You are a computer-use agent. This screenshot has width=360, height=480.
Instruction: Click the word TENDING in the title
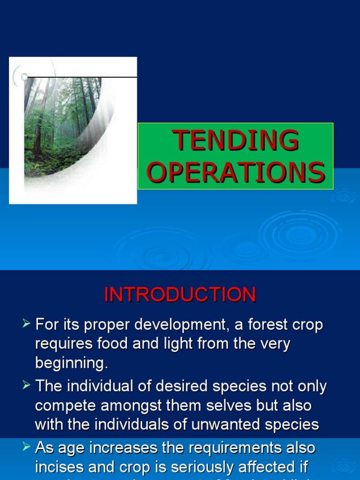[x=235, y=140]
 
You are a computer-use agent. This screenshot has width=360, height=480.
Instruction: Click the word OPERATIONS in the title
[x=235, y=172]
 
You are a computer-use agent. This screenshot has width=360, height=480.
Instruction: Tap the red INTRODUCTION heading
[x=180, y=295]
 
